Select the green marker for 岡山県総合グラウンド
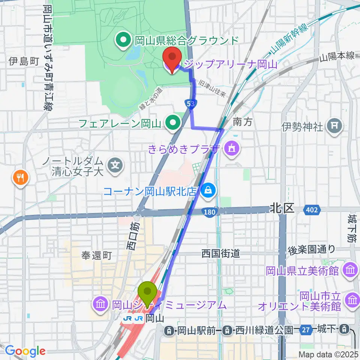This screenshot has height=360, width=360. [x=123, y=40]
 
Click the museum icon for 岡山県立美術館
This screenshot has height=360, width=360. [x=350, y=270]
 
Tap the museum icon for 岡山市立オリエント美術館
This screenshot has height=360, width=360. [x=352, y=300]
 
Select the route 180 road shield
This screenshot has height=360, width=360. [x=210, y=213]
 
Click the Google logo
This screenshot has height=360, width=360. [x=25, y=351]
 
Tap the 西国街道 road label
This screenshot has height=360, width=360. [x=220, y=253]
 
